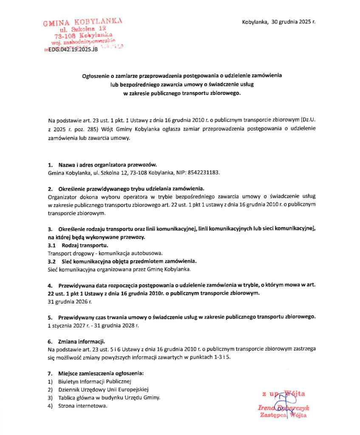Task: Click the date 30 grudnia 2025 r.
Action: click(293, 22)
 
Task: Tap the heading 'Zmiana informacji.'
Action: click(81, 342)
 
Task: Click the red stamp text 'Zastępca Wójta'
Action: click(283, 415)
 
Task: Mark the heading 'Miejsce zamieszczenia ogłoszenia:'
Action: click(101, 373)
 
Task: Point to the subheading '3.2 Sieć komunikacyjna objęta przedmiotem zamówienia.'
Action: click(123, 261)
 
